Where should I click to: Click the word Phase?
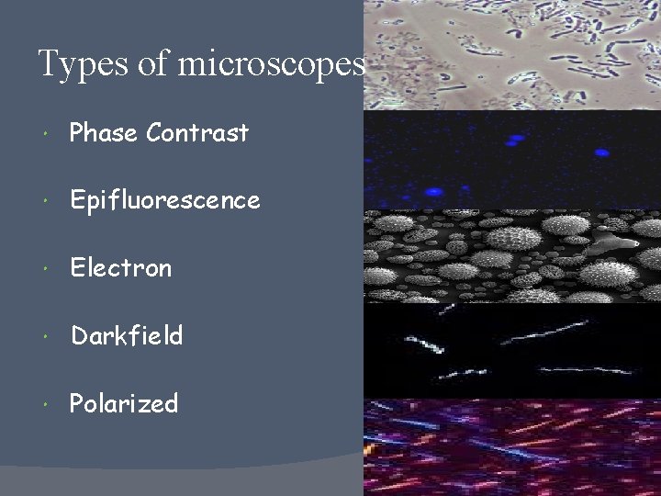(x=104, y=133)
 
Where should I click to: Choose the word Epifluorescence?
(x=165, y=201)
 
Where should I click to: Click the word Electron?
(x=121, y=268)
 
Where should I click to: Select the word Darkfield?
(x=127, y=336)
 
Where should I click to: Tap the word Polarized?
(x=124, y=404)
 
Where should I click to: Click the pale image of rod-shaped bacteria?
(x=512, y=55)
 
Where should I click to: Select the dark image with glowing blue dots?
(x=512, y=160)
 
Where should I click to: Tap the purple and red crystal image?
(x=512, y=447)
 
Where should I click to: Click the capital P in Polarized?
(x=77, y=404)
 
